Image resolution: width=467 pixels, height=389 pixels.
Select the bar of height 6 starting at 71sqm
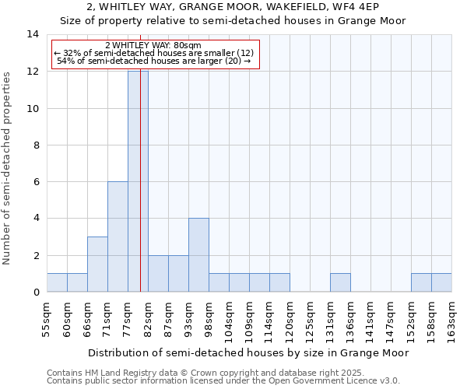[118, 237]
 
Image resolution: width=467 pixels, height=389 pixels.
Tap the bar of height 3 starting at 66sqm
[97, 265]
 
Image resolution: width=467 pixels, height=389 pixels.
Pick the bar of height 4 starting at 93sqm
[198, 255]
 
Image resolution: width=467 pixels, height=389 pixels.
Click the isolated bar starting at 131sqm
[340, 283]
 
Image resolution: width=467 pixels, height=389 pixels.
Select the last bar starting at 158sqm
[441, 283]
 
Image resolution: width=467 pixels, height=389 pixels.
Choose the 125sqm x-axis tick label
[311, 320]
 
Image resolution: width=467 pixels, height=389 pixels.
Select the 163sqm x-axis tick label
[452, 320]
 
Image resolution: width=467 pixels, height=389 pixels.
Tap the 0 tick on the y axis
[36, 293]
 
